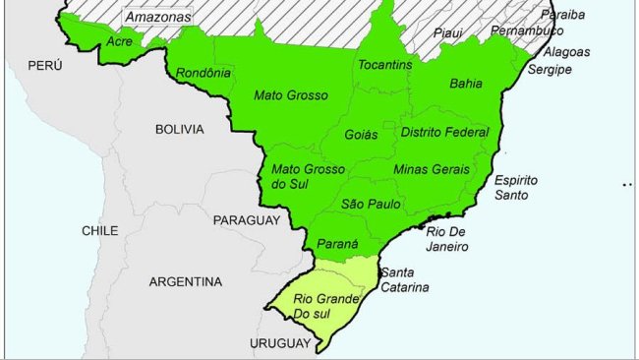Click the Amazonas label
click(x=158, y=18)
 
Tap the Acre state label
click(x=120, y=41)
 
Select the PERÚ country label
click(x=45, y=65)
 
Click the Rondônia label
click(x=203, y=73)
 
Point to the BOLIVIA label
click(x=179, y=129)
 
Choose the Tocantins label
click(x=385, y=65)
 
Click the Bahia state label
click(x=465, y=84)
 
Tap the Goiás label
click(x=362, y=134)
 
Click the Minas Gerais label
click(x=431, y=169)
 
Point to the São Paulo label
click(x=366, y=204)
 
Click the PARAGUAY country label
click(x=247, y=220)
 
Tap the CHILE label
click(x=99, y=230)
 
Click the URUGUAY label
click(x=280, y=343)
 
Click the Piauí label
click(x=447, y=32)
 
